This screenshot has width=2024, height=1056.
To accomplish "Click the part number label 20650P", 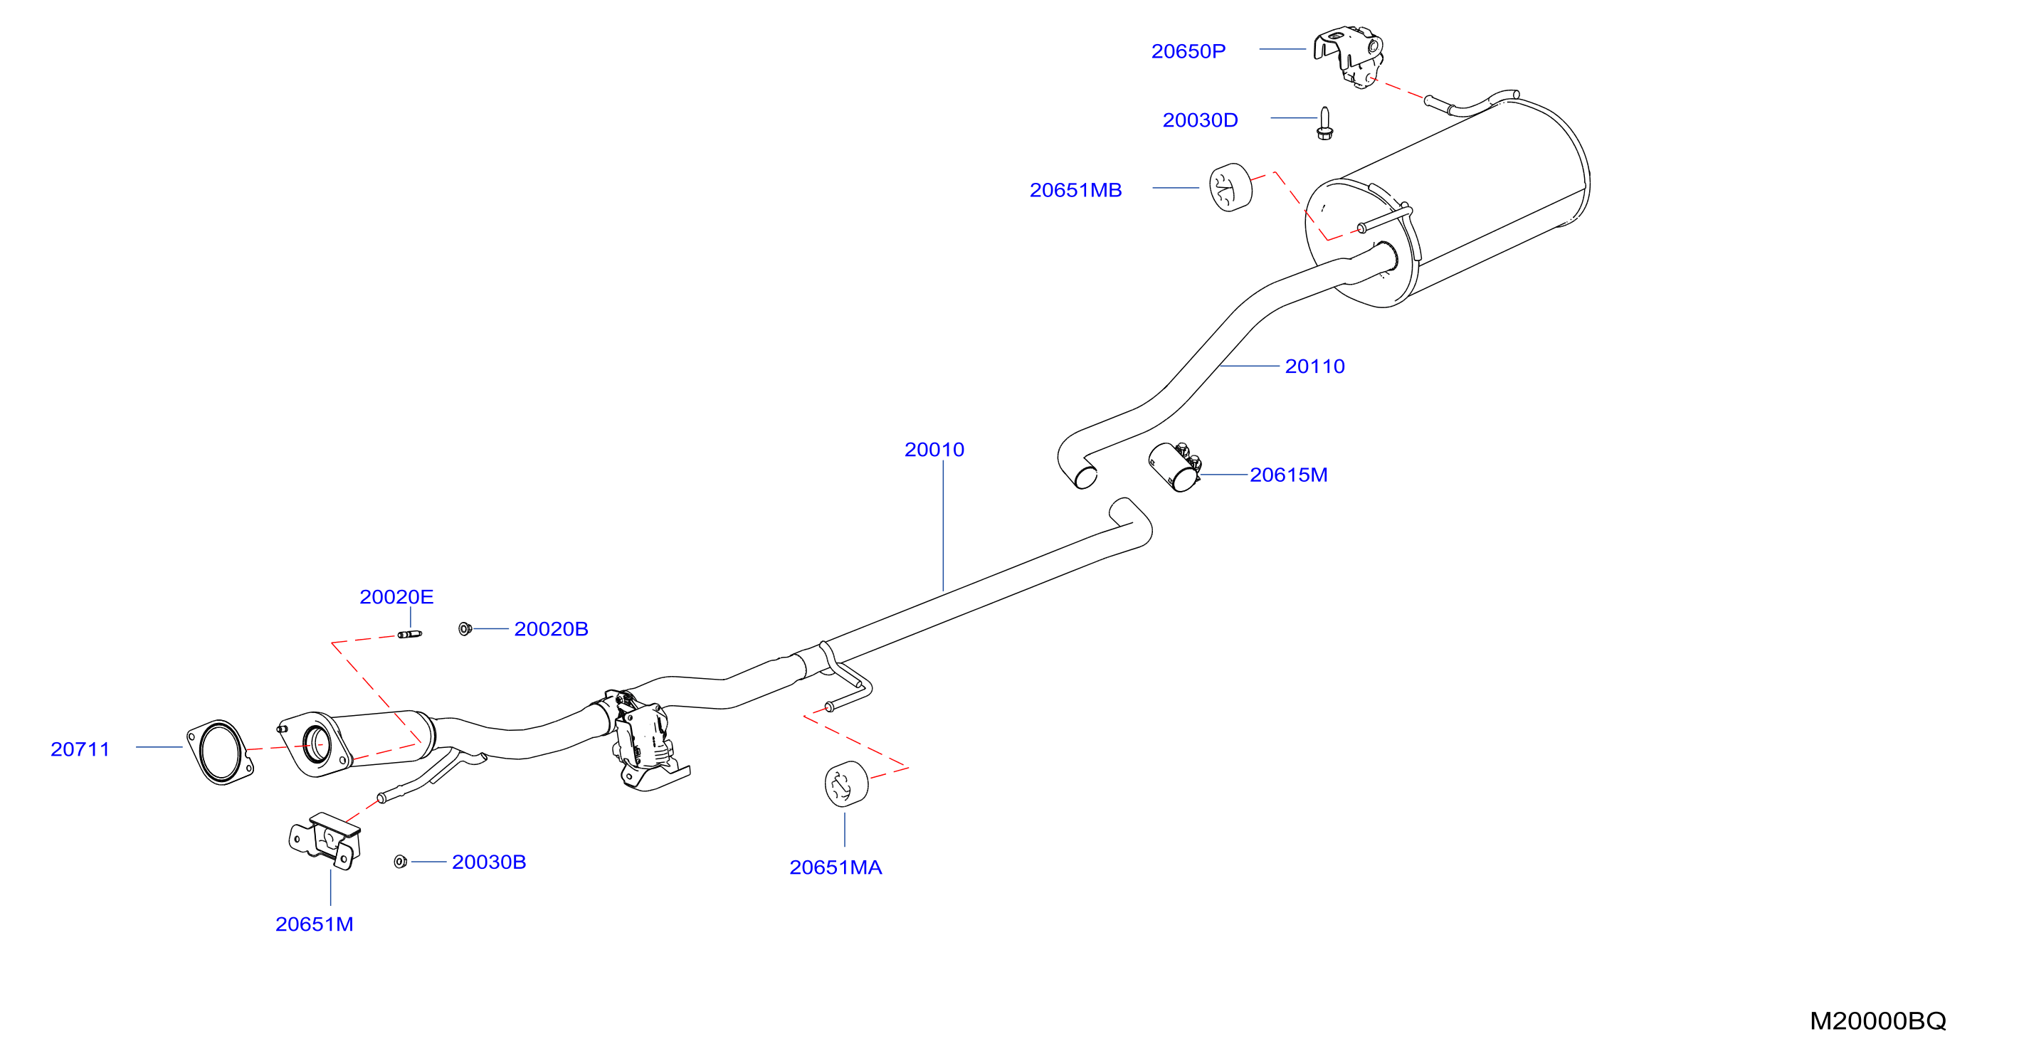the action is click(1188, 51).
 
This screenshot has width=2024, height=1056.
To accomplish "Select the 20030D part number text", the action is click(1200, 120).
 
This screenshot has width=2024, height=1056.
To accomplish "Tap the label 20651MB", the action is click(1075, 190).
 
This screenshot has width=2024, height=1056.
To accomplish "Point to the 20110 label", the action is click(1314, 366).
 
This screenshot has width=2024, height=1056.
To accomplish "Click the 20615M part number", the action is click(1289, 475).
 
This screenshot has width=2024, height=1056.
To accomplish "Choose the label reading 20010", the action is click(934, 450).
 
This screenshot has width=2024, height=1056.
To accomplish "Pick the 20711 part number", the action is click(80, 749).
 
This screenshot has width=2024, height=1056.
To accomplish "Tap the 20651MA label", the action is click(836, 867).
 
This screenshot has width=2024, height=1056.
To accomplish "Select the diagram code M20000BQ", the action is click(1878, 1020).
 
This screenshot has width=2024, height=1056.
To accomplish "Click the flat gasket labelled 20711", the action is click(219, 752).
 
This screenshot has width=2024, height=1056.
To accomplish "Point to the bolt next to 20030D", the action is click(1324, 123).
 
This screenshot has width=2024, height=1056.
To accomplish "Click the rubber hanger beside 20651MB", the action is click(1230, 188).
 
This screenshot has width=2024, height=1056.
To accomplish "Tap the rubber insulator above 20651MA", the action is click(846, 783).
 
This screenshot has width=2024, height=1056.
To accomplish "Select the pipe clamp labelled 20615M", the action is click(1176, 467).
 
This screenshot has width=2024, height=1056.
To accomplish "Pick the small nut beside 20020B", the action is click(465, 628).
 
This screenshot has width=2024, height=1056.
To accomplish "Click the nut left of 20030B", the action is click(400, 862).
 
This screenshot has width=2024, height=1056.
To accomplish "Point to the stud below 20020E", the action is click(409, 634).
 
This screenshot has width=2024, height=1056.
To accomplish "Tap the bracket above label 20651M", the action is click(326, 840).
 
